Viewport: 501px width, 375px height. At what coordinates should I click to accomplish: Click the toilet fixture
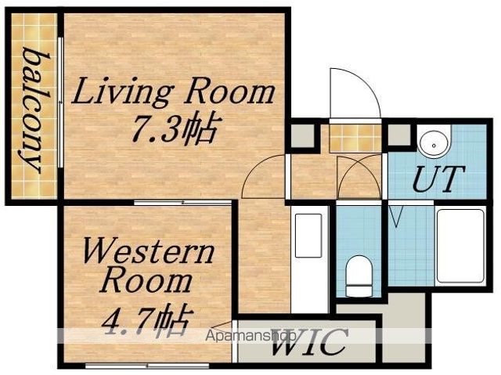(x=359, y=276)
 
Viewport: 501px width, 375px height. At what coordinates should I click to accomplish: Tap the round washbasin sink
(x=434, y=146)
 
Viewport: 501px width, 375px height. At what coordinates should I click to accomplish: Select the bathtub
(x=460, y=246)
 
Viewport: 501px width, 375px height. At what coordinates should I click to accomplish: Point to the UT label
(x=438, y=178)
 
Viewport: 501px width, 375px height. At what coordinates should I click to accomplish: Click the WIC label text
(x=309, y=342)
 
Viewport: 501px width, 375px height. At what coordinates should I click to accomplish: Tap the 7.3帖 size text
(x=172, y=128)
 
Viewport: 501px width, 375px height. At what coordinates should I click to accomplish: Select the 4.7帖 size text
(x=148, y=321)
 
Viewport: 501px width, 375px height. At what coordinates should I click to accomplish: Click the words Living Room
(x=173, y=92)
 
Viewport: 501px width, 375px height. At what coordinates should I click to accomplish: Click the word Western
(x=148, y=252)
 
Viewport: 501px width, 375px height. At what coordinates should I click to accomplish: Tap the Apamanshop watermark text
(x=250, y=336)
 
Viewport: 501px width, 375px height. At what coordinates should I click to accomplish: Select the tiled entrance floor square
(x=355, y=138)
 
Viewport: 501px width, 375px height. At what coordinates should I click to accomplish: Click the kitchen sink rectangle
(x=308, y=236)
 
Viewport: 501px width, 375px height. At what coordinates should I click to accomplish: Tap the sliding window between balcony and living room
(x=61, y=103)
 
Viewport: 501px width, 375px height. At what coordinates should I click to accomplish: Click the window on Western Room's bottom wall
(x=147, y=366)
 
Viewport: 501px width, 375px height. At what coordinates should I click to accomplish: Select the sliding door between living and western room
(x=182, y=203)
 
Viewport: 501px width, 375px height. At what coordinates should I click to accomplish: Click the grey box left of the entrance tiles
(x=303, y=135)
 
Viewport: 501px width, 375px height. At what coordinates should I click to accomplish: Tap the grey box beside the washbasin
(x=399, y=135)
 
